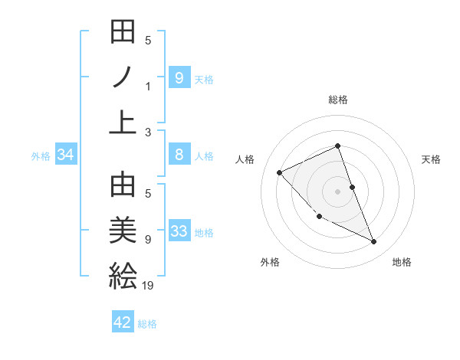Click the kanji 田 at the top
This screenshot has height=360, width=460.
click(x=123, y=34)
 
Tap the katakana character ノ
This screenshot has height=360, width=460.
click(x=123, y=78)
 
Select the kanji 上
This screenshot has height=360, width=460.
click(x=123, y=122)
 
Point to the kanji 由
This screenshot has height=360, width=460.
click(x=123, y=186)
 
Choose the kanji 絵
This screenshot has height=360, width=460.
click(x=123, y=275)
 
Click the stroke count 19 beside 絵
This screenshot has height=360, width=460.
click(x=149, y=286)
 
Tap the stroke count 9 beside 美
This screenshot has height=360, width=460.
click(x=147, y=240)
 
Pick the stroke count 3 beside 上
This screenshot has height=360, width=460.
click(x=147, y=133)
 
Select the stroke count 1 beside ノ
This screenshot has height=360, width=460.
click(x=148, y=86)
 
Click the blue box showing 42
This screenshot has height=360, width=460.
click(x=123, y=322)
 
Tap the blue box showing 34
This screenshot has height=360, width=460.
click(x=66, y=155)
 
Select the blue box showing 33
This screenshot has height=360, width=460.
click(x=179, y=232)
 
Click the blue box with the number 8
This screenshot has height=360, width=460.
click(x=179, y=155)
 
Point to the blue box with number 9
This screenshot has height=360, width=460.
click(x=179, y=77)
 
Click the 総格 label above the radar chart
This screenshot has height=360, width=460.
click(x=337, y=100)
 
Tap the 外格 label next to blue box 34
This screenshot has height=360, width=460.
click(x=41, y=156)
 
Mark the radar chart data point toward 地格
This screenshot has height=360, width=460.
click(x=374, y=242)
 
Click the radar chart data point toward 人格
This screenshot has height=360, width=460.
click(x=280, y=172)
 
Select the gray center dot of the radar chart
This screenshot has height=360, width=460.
click(x=337, y=191)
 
